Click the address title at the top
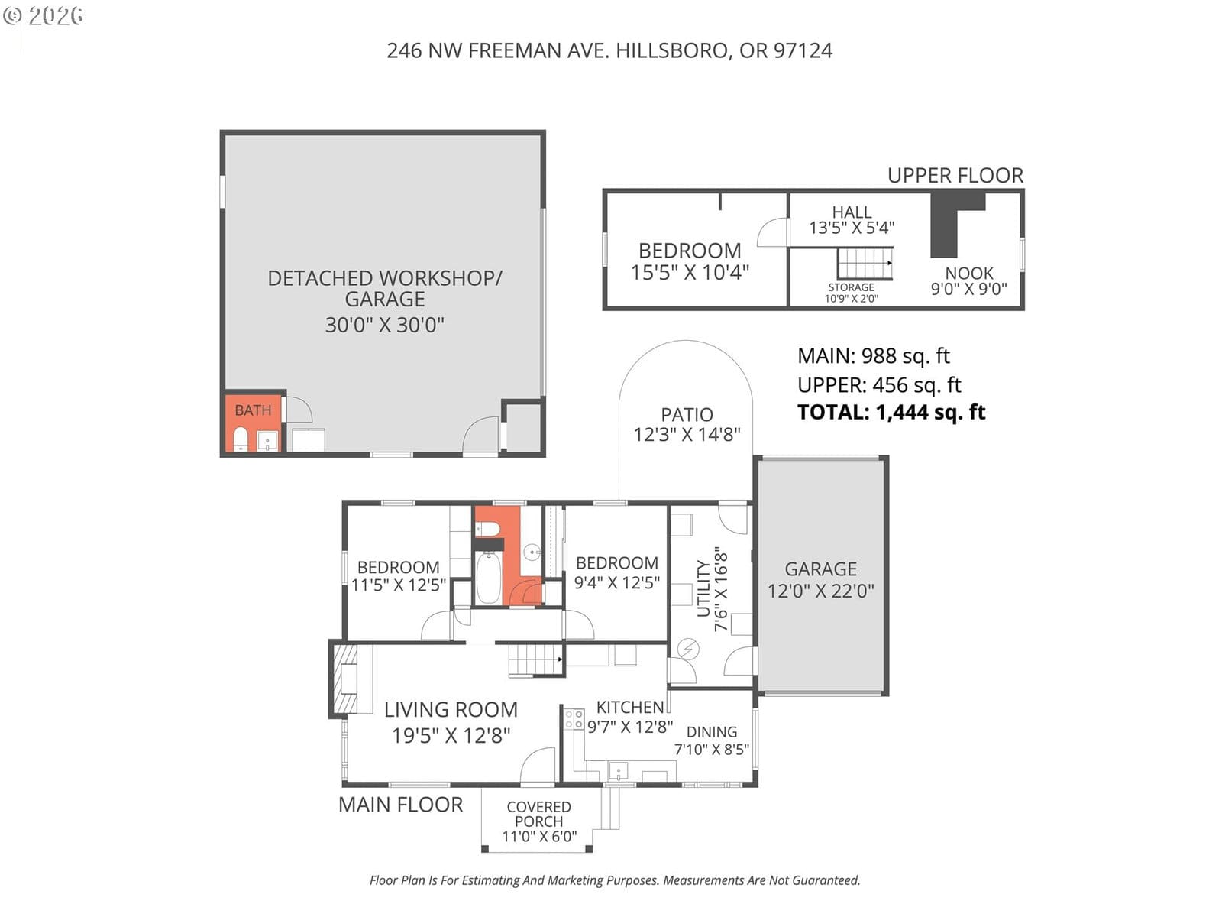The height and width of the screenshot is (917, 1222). pyautogui.click(x=609, y=50)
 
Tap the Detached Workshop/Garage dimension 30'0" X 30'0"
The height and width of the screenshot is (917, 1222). pyautogui.click(x=385, y=325)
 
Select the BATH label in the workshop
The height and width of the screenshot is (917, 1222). pyautogui.click(x=254, y=410)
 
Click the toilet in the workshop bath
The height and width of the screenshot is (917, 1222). pyautogui.click(x=241, y=439)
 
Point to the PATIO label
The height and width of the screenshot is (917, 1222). pyautogui.click(x=687, y=415)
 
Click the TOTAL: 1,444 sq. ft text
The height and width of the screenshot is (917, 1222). pyautogui.click(x=891, y=412)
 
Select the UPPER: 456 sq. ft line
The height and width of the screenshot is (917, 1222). pyautogui.click(x=879, y=384)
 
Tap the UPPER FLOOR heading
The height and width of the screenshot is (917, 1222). pyautogui.click(x=955, y=176)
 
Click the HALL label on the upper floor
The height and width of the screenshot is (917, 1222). pyautogui.click(x=852, y=212)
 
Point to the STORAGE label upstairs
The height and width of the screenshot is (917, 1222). pyautogui.click(x=852, y=287)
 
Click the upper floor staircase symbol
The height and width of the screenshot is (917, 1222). pyautogui.click(x=865, y=264)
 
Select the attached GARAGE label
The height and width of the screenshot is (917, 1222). pyautogui.click(x=820, y=569)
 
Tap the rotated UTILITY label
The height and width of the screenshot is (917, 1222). pyautogui.click(x=703, y=588)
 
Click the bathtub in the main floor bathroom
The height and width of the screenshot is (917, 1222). pyautogui.click(x=489, y=577)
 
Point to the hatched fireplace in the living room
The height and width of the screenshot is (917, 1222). pyautogui.click(x=345, y=679)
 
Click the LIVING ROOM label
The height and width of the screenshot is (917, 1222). pyautogui.click(x=451, y=710)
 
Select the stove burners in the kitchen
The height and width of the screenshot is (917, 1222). pyautogui.click(x=574, y=718)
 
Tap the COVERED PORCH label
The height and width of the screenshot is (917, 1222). pyautogui.click(x=539, y=814)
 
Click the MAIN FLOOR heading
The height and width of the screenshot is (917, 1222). pyautogui.click(x=401, y=805)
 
